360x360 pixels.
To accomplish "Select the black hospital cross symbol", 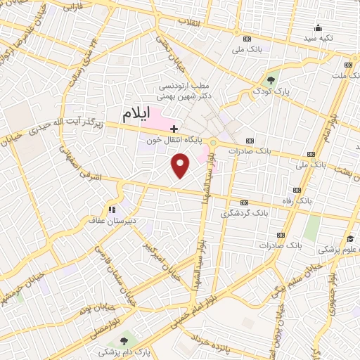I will (174, 129).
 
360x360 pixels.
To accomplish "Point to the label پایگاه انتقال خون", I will (174, 141).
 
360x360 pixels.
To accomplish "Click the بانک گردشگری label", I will (245, 212).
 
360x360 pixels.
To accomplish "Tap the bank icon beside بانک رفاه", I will (297, 190).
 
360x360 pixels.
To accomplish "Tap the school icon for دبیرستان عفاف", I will (111, 209).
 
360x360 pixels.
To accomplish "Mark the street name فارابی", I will (72, 7).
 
